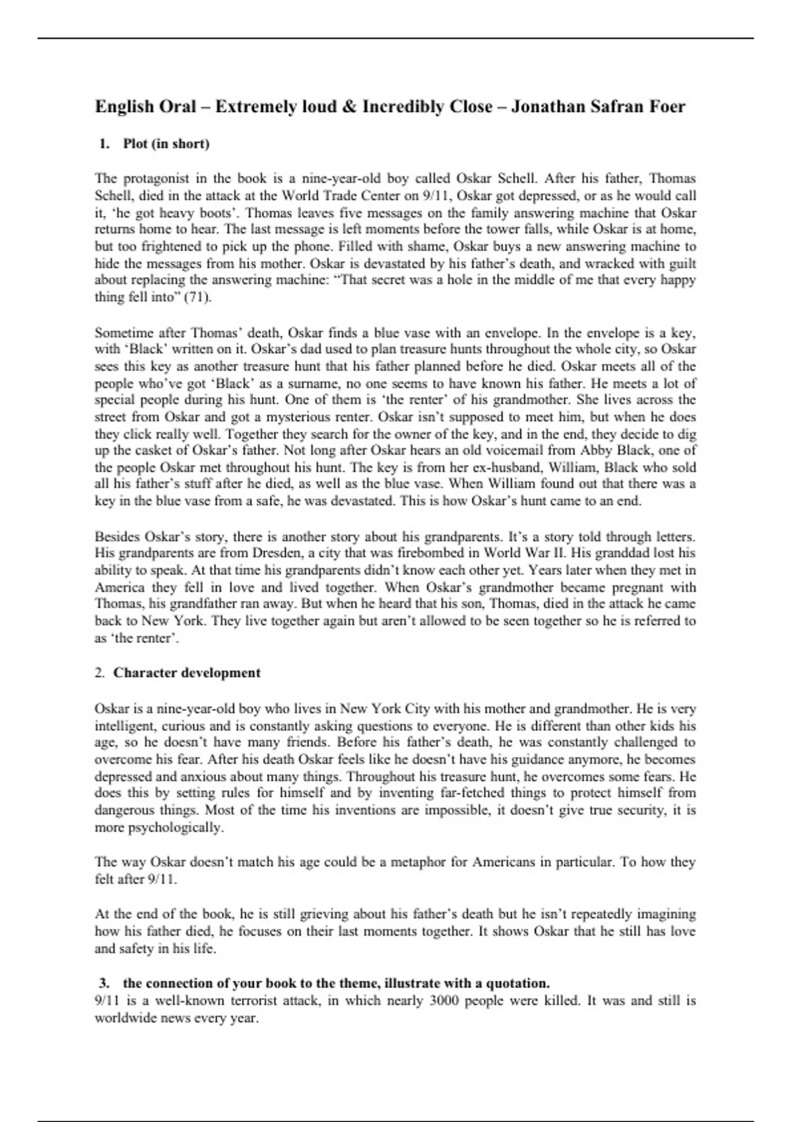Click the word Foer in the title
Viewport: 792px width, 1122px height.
tap(665, 106)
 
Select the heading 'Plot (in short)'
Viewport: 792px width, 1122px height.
tap(166, 144)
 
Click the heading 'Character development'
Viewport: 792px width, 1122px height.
tap(187, 673)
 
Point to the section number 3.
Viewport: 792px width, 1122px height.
tap(104, 983)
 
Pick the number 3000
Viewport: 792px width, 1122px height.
tap(448, 1000)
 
